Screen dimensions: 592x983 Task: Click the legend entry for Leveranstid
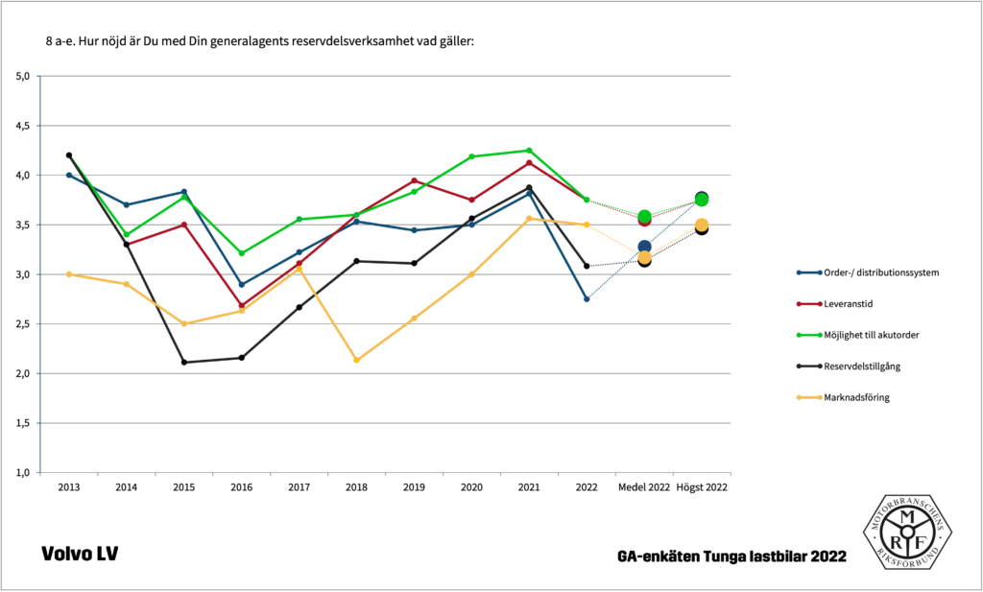click(846, 303)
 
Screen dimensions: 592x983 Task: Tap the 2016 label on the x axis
click(241, 488)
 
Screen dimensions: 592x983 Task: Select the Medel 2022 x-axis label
click(644, 488)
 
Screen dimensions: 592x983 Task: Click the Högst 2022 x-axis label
click(702, 488)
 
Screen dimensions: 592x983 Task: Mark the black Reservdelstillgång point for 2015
click(183, 362)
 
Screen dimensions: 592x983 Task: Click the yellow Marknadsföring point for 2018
click(356, 360)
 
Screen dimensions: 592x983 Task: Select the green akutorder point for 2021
click(529, 151)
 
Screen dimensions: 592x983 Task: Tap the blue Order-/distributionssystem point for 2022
click(587, 299)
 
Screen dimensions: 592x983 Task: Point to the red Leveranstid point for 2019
click(414, 180)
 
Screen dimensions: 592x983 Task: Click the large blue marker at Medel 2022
click(644, 247)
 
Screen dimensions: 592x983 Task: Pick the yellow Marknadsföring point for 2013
click(69, 274)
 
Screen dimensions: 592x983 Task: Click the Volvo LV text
click(80, 555)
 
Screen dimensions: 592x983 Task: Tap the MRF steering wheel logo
click(906, 531)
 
